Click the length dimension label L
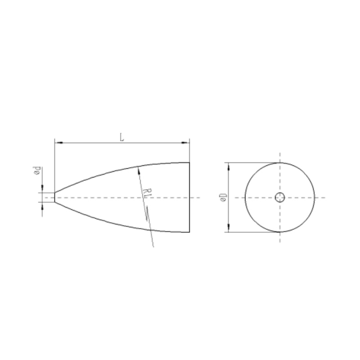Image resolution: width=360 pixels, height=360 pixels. point(122,137)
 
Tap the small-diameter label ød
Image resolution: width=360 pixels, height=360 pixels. point(37,171)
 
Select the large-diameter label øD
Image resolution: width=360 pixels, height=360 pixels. point(223,198)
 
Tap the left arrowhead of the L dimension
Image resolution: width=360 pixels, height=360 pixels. point(59,143)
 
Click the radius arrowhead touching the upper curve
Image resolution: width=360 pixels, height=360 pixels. point(139,171)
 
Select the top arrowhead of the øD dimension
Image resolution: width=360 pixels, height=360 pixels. point(229,166)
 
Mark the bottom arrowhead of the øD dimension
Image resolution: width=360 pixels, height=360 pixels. point(229,228)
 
